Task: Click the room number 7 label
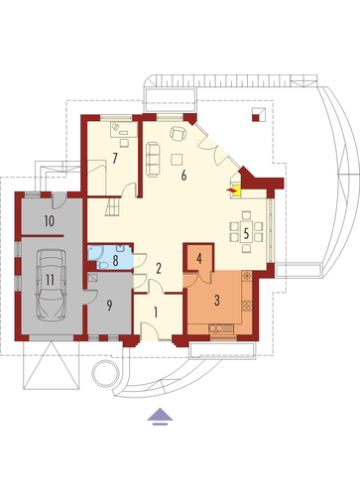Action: (115, 158)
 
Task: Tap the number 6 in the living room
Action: (183, 176)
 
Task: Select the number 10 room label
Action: (50, 221)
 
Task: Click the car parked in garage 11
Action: (51, 285)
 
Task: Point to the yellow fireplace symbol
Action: (236, 190)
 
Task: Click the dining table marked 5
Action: (246, 233)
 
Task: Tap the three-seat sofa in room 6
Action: (153, 160)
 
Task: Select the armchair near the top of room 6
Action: (178, 134)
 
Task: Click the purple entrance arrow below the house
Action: (160, 416)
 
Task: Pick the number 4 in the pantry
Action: (199, 259)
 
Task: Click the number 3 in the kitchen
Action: (217, 301)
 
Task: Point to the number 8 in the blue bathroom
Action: (115, 261)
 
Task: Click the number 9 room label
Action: (109, 306)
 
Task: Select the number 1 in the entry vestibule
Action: (156, 313)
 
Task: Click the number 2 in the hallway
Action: (159, 269)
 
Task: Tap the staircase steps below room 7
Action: (113, 206)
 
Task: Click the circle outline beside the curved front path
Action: (105, 373)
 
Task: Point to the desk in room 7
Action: (124, 129)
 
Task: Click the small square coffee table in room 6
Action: (177, 159)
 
